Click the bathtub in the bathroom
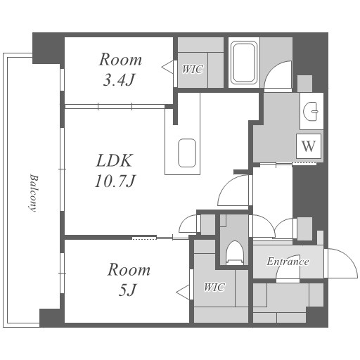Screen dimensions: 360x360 [244, 63]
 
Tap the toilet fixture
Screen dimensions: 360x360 [235, 252]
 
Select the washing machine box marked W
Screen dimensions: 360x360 [309, 146]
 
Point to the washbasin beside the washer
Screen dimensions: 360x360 [311, 111]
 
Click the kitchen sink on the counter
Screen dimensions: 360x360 [187, 153]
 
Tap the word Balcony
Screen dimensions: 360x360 [34, 193]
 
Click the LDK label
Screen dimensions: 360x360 [114, 160]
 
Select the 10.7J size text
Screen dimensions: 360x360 [115, 181]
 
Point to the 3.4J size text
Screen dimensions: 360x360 [119, 80]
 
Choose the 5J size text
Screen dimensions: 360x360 [127, 290]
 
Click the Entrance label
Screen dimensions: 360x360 [288, 262]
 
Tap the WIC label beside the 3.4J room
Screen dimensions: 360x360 [193, 70]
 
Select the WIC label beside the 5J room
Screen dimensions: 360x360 [214, 287]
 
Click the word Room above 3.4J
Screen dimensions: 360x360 [120, 59]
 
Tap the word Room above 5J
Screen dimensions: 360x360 [129, 269]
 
